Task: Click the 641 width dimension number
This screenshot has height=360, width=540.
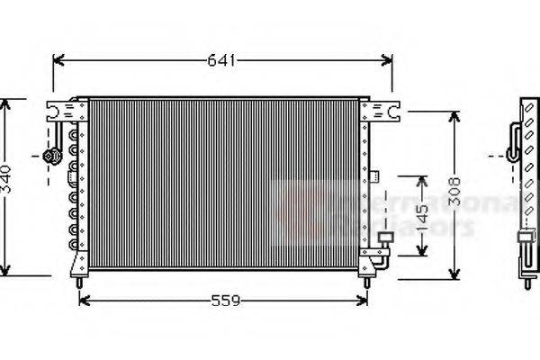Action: tap(221, 61)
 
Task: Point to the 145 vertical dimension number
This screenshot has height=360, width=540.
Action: tap(420, 216)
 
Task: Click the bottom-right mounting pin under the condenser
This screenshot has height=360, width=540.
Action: tap(366, 282)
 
